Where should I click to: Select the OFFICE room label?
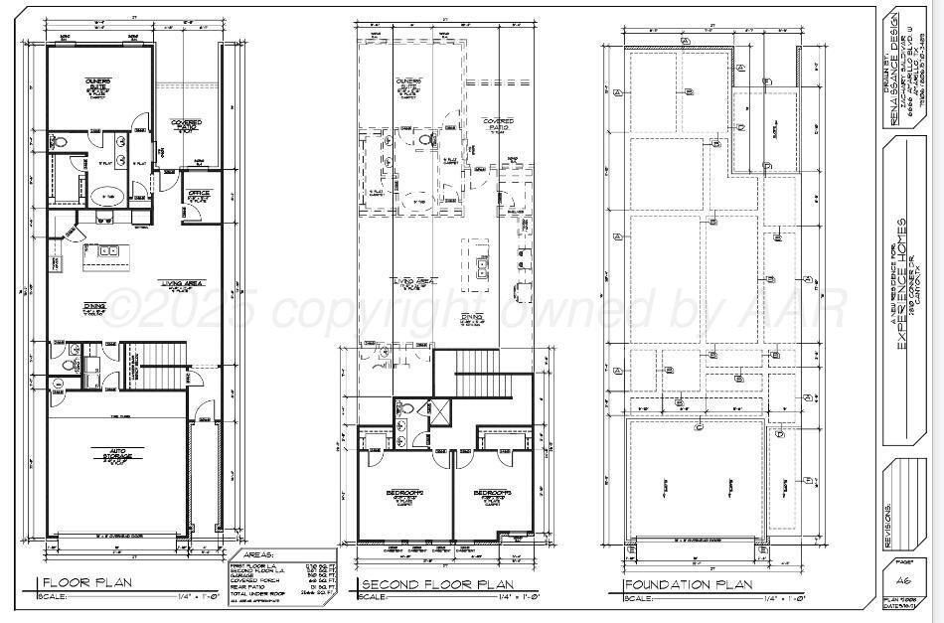(196, 195)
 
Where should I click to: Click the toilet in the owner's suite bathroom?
(61, 144)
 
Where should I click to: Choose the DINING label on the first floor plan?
(94, 308)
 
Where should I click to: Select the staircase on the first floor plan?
(162, 366)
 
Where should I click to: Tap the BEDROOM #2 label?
(405, 494)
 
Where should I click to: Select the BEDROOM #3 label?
(493, 494)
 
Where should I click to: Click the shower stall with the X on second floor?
(437, 409)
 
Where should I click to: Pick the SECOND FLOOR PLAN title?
(438, 583)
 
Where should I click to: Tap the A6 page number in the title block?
(904, 580)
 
